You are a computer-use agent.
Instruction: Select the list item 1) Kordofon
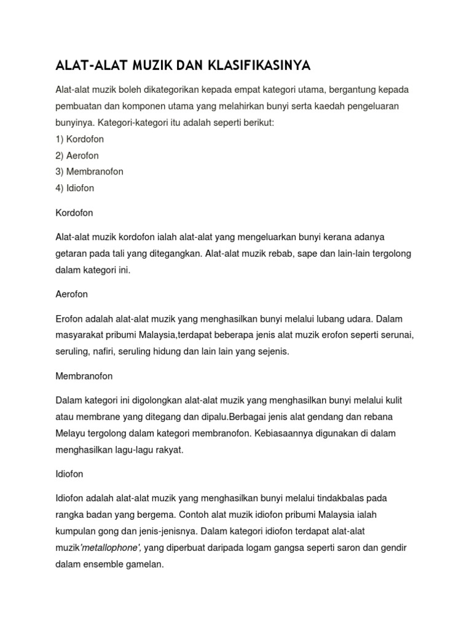(80, 139)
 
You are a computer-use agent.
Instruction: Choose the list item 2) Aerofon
(77, 155)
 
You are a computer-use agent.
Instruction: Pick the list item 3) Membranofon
(90, 171)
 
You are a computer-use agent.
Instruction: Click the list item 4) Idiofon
(75, 188)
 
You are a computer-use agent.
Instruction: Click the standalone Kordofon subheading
(74, 213)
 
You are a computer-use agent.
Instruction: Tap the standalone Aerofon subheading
(72, 294)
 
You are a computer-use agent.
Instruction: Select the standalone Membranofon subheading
(84, 376)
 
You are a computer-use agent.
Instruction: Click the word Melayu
(71, 433)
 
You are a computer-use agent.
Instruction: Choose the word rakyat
(169, 450)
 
